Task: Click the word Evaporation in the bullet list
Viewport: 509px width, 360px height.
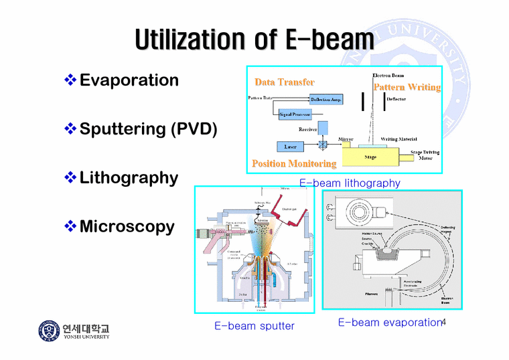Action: (x=129, y=80)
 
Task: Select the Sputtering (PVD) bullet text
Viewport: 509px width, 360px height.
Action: (x=148, y=129)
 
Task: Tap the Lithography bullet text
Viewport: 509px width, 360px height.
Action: (x=129, y=178)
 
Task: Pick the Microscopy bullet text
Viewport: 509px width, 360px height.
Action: (x=127, y=227)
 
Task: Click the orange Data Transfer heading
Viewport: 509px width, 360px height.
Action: (x=284, y=82)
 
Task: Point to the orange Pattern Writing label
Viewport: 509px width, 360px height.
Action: (x=407, y=88)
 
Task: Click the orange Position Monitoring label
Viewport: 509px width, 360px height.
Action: (x=294, y=164)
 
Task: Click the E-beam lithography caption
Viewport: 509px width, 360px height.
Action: (x=349, y=183)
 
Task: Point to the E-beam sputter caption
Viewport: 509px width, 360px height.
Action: (x=254, y=326)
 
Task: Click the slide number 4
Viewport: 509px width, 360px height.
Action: (x=443, y=323)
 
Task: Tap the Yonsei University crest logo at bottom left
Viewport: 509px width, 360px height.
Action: (x=48, y=332)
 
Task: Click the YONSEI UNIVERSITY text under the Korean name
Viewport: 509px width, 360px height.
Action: (x=86, y=337)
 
